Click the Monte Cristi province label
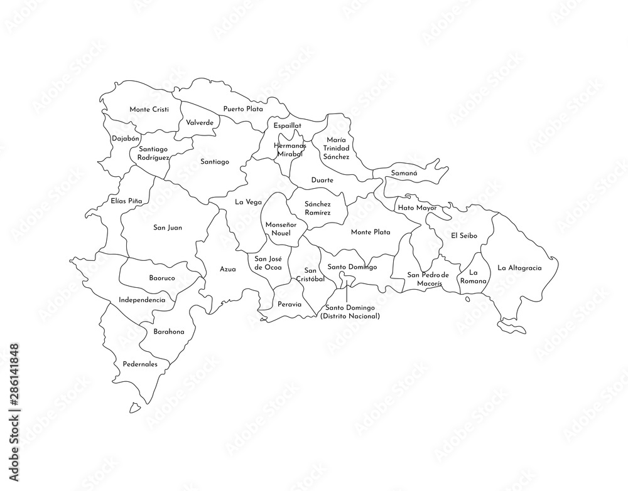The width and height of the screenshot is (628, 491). click(x=149, y=109)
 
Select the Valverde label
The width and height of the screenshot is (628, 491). click(x=199, y=122)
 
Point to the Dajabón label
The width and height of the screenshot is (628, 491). click(x=126, y=138)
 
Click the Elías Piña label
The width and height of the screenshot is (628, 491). click(x=126, y=201)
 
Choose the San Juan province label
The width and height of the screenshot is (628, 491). click(x=168, y=228)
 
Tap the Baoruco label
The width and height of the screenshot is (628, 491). click(x=162, y=277)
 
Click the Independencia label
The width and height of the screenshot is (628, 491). click(x=142, y=300)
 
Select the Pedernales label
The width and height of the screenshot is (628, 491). click(x=140, y=364)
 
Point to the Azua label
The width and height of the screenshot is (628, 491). click(x=227, y=269)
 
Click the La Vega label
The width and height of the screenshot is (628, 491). click(x=248, y=202)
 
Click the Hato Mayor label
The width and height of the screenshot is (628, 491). click(x=417, y=208)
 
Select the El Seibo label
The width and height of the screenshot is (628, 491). click(x=464, y=235)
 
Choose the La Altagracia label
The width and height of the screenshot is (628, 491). click(x=519, y=268)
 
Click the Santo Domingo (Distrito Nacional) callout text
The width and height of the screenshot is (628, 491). click(x=350, y=312)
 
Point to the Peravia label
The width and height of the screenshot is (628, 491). click(x=290, y=305)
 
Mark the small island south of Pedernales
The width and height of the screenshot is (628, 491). click(x=134, y=408)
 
